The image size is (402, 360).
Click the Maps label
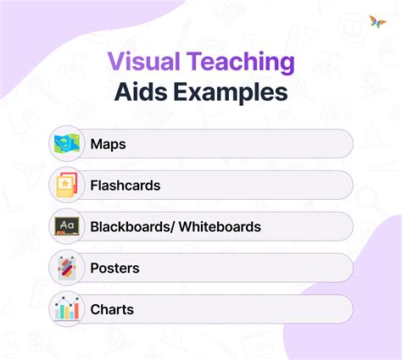click(108, 144)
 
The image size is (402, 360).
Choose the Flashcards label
click(125, 185)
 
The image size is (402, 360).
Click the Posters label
click(115, 268)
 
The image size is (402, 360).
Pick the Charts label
click(112, 309)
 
